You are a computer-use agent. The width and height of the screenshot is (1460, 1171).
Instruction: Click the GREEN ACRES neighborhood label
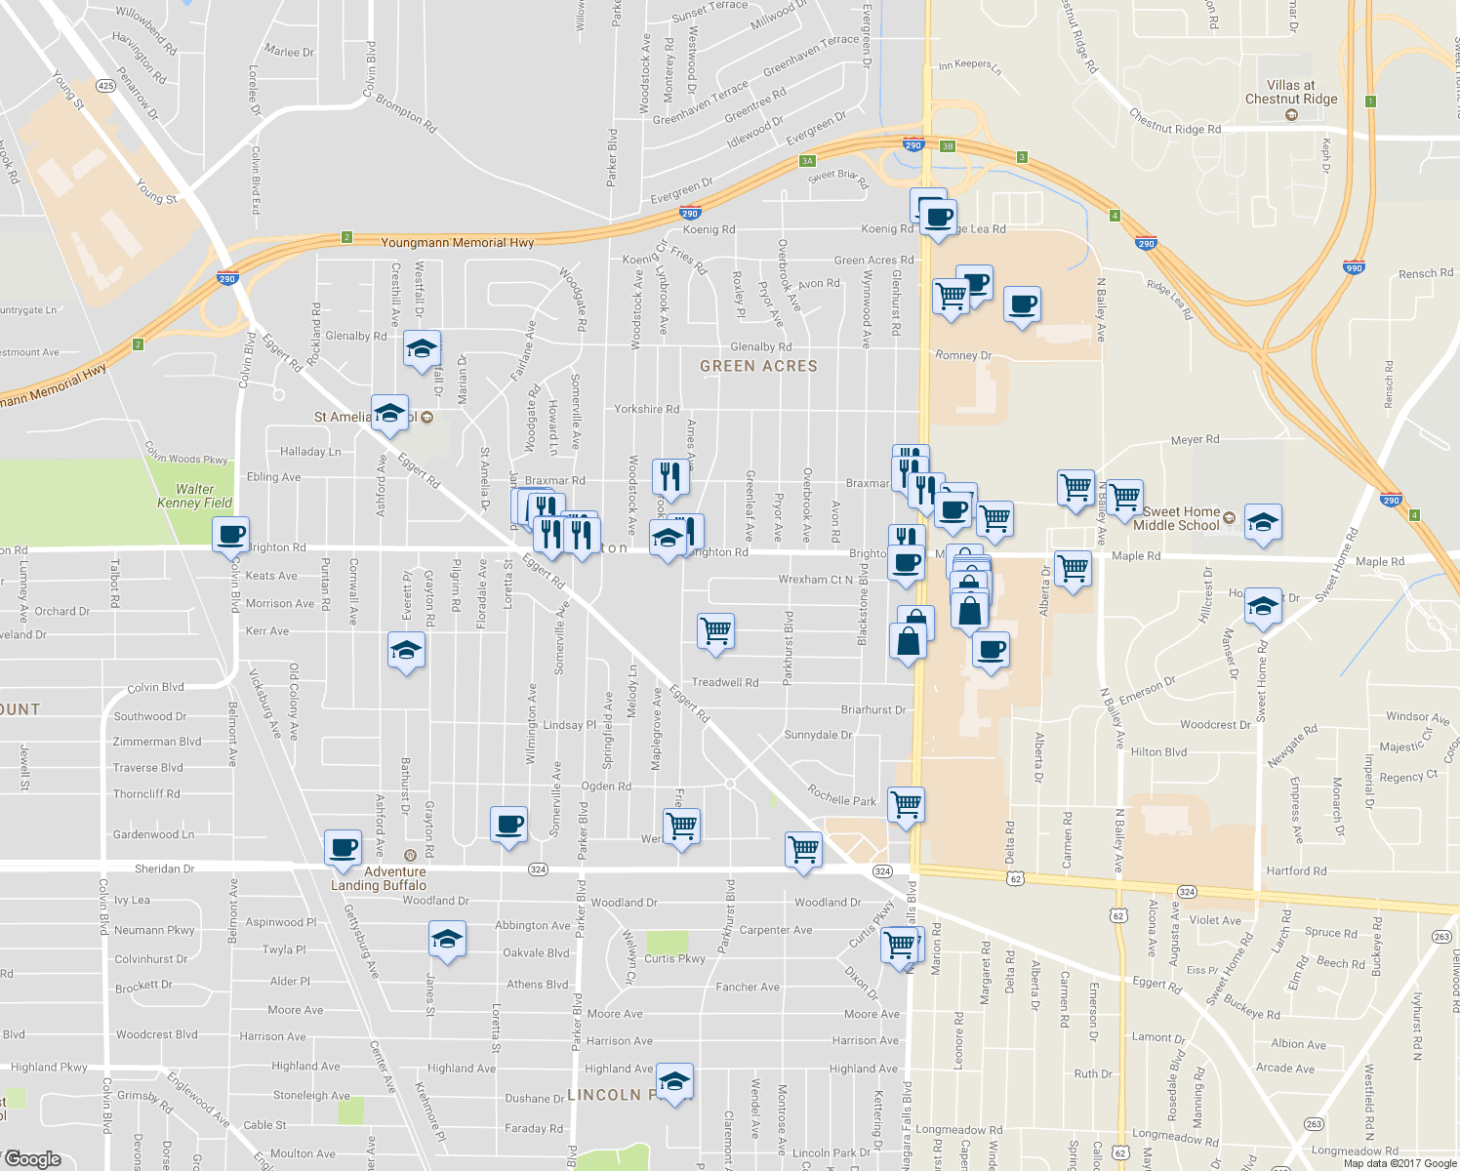(758, 366)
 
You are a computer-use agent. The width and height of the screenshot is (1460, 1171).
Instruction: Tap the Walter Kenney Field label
(195, 496)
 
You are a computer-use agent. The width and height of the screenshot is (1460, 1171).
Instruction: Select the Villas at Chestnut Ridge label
(1291, 93)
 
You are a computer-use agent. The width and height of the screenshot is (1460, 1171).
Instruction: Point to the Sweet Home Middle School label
(1181, 518)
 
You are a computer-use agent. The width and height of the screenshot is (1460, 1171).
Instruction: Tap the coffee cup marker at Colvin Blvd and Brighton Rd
(231, 535)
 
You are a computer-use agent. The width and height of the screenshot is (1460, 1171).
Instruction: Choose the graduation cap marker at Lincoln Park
(674, 1081)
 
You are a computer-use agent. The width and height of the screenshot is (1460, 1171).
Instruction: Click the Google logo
(32, 1159)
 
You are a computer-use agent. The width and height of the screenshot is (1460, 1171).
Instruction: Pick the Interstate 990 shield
(1354, 267)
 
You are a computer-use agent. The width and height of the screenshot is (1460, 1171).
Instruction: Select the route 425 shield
(105, 87)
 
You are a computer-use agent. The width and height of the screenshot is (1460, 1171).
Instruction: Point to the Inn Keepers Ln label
(969, 66)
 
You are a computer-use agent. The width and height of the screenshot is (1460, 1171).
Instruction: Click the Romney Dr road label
(963, 355)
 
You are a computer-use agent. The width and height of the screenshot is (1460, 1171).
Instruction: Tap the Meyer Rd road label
(1195, 440)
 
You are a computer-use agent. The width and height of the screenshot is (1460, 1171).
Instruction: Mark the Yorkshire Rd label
(646, 410)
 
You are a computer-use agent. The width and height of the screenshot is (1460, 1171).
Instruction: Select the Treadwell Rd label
(724, 682)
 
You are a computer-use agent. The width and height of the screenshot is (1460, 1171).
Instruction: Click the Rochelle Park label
(842, 795)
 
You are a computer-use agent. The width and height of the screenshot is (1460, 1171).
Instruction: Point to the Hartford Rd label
(1296, 870)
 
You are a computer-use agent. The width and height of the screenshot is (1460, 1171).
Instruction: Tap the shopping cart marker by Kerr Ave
(715, 630)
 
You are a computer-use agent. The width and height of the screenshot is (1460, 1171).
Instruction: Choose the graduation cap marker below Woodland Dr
(447, 940)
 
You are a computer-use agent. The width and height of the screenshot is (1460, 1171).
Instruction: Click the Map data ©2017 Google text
(1400, 1163)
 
